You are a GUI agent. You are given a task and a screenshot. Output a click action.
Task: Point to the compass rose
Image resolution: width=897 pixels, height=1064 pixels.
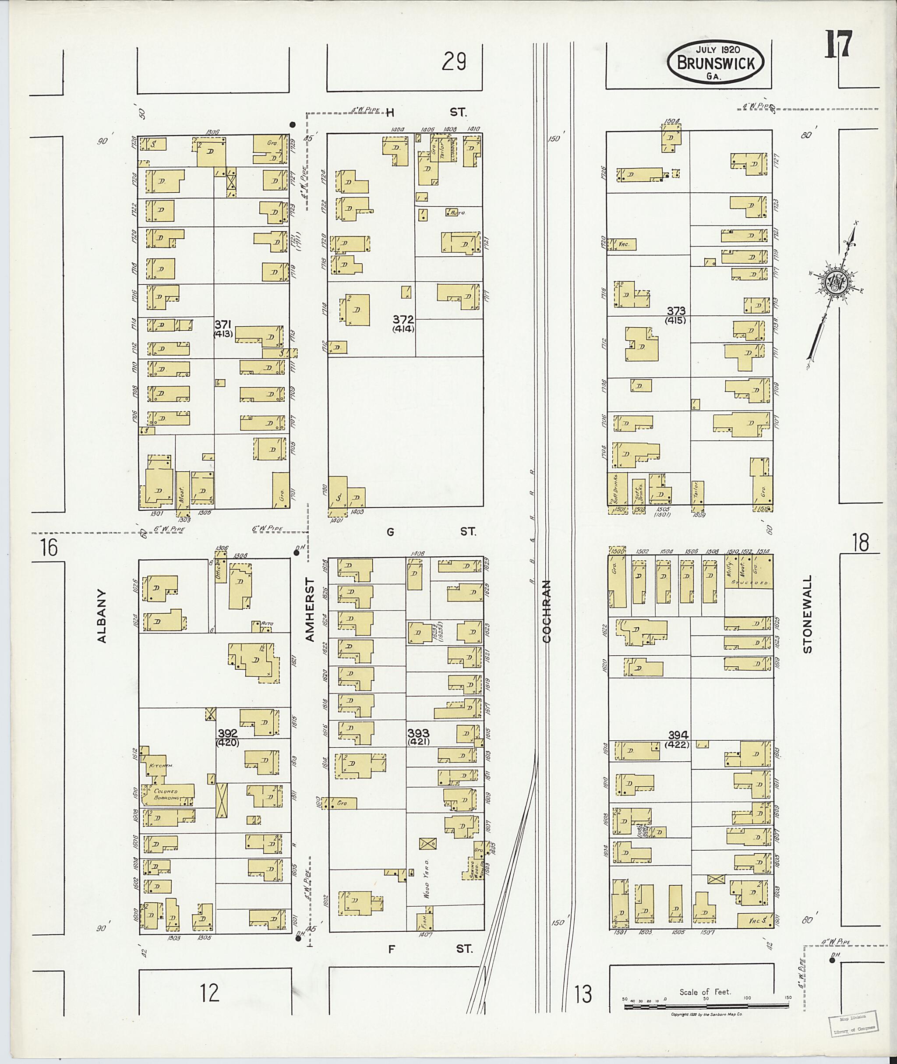tap(834, 281)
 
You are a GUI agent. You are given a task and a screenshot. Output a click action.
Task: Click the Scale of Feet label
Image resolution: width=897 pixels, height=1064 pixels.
tap(705, 992)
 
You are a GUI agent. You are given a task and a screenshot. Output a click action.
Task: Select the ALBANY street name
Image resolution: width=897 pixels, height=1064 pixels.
tap(102, 616)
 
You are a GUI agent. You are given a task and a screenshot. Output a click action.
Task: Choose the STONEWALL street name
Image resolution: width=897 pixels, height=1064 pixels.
tap(808, 615)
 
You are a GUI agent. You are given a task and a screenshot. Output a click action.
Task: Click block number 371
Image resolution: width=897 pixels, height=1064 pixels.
tap(223, 325)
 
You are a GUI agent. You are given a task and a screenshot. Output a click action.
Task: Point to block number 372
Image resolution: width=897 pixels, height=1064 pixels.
tap(403, 320)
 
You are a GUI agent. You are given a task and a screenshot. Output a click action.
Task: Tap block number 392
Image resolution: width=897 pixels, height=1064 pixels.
tap(228, 733)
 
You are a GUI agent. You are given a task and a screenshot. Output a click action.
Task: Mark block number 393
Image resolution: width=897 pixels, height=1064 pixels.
tap(418, 733)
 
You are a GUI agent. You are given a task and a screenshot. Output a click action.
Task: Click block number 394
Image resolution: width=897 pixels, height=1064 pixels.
tap(678, 735)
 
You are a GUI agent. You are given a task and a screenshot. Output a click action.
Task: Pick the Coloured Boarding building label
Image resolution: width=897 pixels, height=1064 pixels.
tap(167, 795)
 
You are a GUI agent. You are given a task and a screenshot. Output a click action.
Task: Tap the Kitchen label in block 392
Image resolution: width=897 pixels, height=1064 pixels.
tap(161, 765)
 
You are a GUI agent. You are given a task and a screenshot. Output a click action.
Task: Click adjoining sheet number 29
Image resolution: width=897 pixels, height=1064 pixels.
tap(454, 63)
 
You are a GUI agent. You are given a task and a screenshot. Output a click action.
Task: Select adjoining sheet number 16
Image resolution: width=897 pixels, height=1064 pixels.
tap(49, 548)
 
